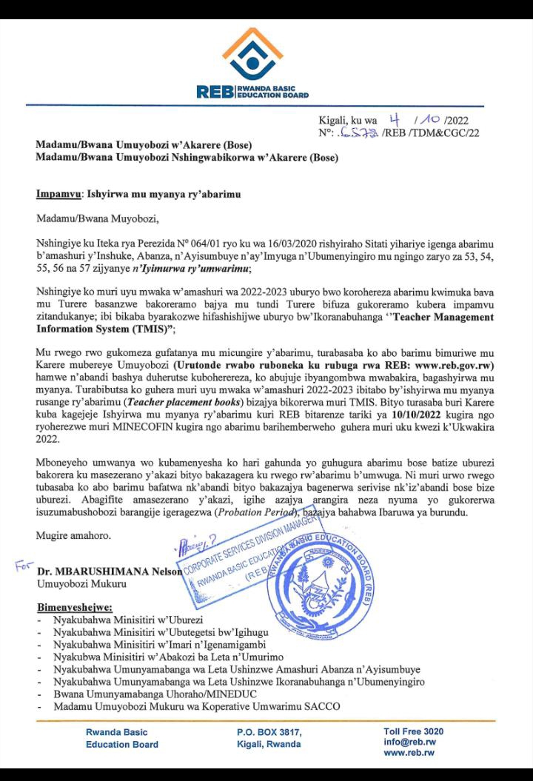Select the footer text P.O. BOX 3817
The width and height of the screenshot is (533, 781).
coord(269,732)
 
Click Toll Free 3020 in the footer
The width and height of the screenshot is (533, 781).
coord(414,731)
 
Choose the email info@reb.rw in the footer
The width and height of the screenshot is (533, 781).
coord(409,742)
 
